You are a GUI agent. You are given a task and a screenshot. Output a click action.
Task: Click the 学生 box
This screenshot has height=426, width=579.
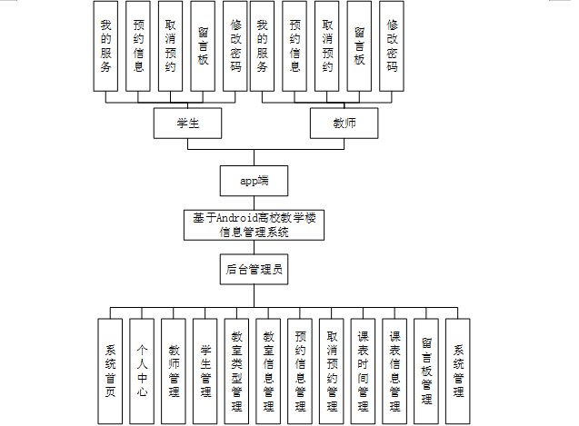click(188, 122)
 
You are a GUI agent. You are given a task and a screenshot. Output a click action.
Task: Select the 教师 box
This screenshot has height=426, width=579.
click(344, 122)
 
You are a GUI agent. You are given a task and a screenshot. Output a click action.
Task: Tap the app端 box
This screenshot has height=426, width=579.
click(254, 181)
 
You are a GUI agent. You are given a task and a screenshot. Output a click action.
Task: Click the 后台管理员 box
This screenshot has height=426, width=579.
click(254, 269)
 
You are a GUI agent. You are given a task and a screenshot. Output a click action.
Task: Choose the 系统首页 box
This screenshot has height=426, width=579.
click(110, 371)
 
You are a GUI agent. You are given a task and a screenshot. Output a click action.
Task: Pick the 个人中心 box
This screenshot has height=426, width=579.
click(142, 371)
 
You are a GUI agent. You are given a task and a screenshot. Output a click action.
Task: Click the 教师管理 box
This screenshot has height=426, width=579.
click(174, 371)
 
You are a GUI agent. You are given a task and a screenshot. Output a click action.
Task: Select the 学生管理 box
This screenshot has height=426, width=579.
click(205, 371)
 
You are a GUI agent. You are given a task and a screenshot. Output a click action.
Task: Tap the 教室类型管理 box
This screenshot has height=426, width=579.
click(237, 371)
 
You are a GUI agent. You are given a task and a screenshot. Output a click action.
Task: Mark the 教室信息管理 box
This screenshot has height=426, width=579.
click(269, 371)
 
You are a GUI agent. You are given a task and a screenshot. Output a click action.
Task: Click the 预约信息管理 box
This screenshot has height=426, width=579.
click(301, 371)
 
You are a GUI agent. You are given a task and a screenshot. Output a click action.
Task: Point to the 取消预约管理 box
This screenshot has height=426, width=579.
click(333, 371)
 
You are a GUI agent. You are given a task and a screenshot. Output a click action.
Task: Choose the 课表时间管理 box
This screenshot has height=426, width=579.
click(364, 371)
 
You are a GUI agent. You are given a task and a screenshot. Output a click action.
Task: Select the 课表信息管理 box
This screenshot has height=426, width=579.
click(395, 371)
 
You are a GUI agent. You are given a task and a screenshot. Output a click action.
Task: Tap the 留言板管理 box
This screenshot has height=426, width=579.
click(427, 371)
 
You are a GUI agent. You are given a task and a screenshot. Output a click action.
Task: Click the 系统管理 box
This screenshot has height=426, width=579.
click(459, 371)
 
